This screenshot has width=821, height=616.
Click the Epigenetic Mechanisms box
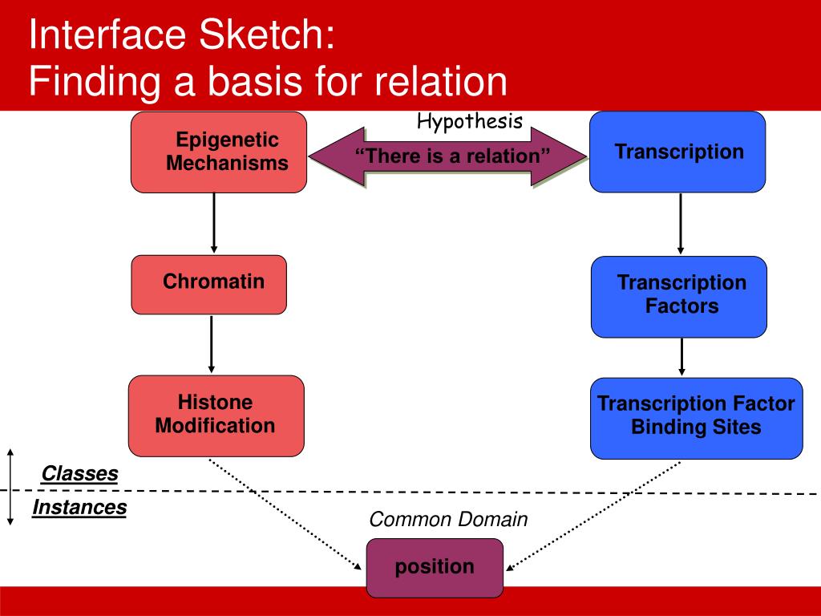219,152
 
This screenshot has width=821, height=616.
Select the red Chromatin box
208,284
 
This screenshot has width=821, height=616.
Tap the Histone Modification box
216,415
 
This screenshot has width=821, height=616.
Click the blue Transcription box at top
677,152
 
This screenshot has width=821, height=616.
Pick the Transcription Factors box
678,296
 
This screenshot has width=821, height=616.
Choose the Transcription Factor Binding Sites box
696,418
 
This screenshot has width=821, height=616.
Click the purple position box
435,568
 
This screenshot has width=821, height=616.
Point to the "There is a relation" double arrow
448,156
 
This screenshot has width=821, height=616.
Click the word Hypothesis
470,122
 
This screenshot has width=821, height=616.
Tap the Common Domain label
448,520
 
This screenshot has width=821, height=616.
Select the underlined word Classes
79,474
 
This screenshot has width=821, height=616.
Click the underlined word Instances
79,508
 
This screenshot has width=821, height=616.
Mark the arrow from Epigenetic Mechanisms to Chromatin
214,222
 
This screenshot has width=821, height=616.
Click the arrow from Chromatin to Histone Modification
212,344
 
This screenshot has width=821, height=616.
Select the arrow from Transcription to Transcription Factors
681,223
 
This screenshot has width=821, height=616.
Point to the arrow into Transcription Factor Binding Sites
681,357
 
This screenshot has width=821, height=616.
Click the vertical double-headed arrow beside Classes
10,486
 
